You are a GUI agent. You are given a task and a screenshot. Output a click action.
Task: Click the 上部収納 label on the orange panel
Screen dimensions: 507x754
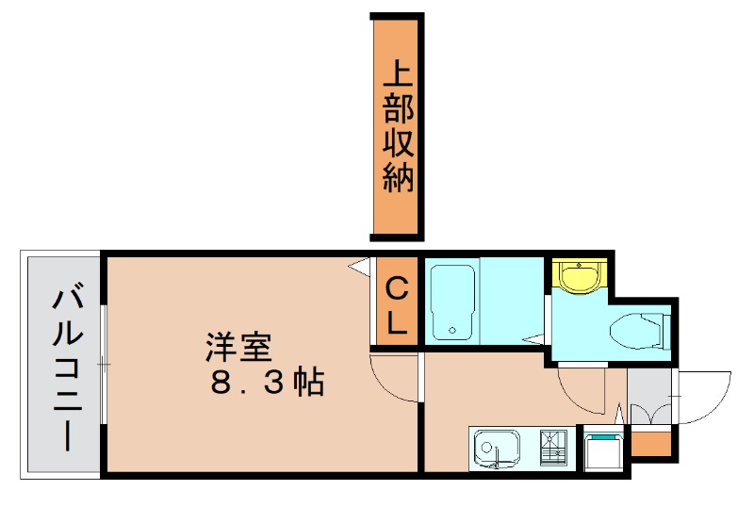tap(398, 126)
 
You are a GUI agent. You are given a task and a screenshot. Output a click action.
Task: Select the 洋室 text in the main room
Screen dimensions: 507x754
tap(238, 348)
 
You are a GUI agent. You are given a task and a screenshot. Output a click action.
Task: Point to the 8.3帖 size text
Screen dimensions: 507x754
tap(267, 383)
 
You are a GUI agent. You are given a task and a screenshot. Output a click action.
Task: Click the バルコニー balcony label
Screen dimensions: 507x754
tap(65, 368)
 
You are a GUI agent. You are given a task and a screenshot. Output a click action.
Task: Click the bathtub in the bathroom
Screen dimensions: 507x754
tap(453, 302)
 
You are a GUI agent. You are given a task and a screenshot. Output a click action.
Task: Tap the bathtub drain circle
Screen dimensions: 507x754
tap(453, 331)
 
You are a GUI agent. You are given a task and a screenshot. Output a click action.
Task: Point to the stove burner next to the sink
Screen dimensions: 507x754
tap(554, 446)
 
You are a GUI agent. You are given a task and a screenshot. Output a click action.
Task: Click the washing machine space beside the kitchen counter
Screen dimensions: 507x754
tap(603, 450)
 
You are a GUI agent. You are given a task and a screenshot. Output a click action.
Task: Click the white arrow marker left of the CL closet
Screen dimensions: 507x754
tap(358, 268)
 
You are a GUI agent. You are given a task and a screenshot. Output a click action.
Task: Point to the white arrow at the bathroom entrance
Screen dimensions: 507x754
tap(535, 337)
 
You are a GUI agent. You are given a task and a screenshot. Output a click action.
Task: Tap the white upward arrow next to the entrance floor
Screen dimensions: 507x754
tap(619, 413)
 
